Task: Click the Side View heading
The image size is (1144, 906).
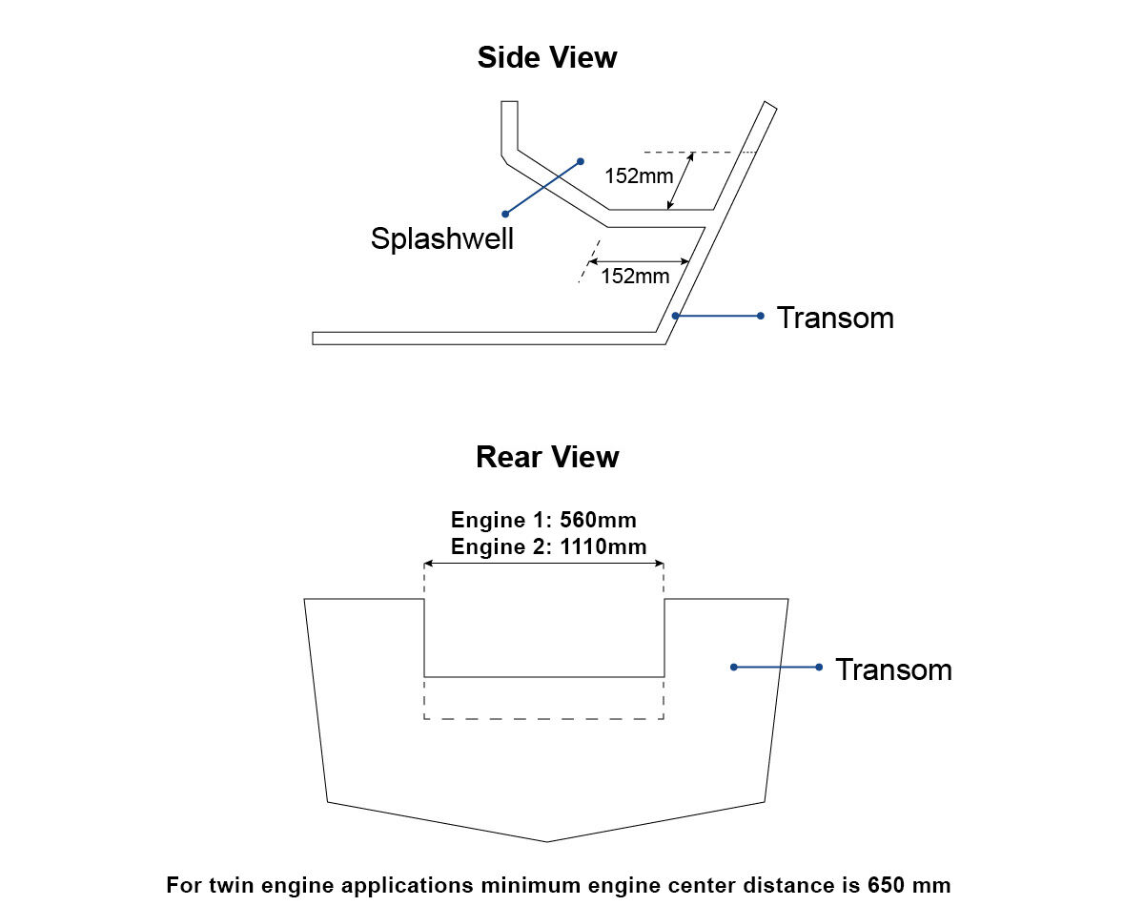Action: point(546,57)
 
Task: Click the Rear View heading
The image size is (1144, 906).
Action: point(546,457)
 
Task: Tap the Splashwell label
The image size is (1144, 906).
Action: point(441,238)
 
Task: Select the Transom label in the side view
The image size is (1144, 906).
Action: point(835,317)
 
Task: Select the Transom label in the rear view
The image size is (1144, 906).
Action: point(893,669)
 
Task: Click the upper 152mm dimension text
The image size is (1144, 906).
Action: point(639,175)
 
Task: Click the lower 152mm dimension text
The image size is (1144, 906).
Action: point(635,277)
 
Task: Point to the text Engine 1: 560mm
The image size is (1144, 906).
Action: point(543,521)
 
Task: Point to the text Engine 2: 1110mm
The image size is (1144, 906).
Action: point(548,547)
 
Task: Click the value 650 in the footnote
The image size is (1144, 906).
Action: point(886,883)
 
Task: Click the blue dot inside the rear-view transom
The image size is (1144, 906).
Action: point(733,667)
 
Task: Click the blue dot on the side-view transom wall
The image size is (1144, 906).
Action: point(675,316)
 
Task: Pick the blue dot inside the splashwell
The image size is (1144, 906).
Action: point(580,161)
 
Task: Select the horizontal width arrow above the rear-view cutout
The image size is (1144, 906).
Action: point(543,565)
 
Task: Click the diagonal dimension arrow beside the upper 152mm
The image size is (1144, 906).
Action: point(681,180)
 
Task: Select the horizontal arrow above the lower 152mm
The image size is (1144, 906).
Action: point(639,260)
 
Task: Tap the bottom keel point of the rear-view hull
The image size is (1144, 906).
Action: point(547,842)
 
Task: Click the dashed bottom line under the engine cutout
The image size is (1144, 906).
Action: point(543,718)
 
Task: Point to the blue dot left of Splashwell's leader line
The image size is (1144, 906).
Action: point(504,214)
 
